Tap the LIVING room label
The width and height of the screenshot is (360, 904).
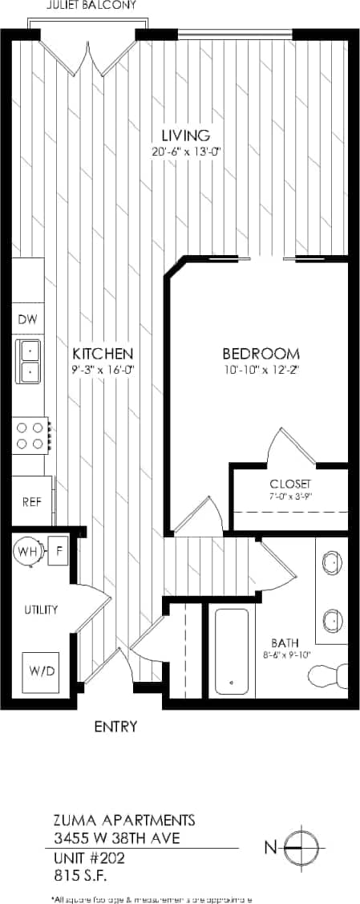coord(185,135)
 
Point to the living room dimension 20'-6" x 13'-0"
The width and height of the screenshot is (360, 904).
coord(185,152)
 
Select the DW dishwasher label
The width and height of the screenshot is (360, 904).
coord(27,319)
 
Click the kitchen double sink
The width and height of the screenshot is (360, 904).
coord(29,361)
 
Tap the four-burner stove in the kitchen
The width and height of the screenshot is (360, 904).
coord(30,436)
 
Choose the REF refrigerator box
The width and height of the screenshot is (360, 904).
coord(31,501)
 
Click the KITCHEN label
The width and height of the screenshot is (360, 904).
coord(103,354)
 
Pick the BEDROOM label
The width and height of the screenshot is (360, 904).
coord(261,354)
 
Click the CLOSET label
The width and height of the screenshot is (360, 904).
coord(289,485)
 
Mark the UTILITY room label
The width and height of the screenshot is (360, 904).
coord(40,610)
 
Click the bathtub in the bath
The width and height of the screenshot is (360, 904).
coord(232,651)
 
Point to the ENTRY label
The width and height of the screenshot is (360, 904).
coord(115,728)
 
